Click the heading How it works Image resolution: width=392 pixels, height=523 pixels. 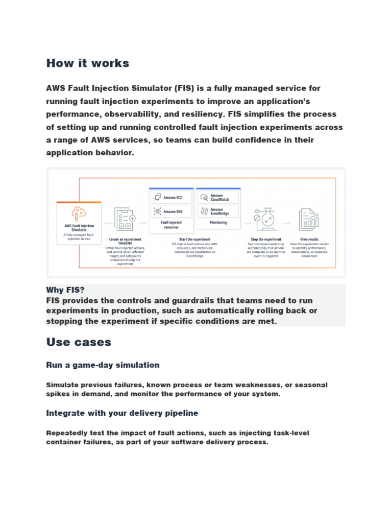click(87, 63)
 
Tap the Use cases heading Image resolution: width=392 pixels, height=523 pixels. click(79, 341)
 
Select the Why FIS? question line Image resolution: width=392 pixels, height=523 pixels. click(65, 290)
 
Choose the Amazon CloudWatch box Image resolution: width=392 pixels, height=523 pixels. click(218, 197)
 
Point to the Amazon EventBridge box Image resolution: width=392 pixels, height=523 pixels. click(218, 210)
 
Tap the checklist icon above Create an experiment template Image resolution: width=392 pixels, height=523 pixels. click(124, 219)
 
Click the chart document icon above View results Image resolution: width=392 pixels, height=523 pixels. click(308, 219)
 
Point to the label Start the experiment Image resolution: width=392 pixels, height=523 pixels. click(194, 239)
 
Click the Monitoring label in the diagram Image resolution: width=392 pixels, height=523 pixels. click(218, 223)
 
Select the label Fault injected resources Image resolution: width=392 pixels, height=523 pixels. click(171, 225)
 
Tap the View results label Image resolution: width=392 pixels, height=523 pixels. click(309, 239)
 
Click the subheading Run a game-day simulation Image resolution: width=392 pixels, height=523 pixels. click(103, 365)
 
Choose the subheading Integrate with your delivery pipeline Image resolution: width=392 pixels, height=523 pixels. click(122, 413)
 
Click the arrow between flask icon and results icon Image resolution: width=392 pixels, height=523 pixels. click(287, 223)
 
